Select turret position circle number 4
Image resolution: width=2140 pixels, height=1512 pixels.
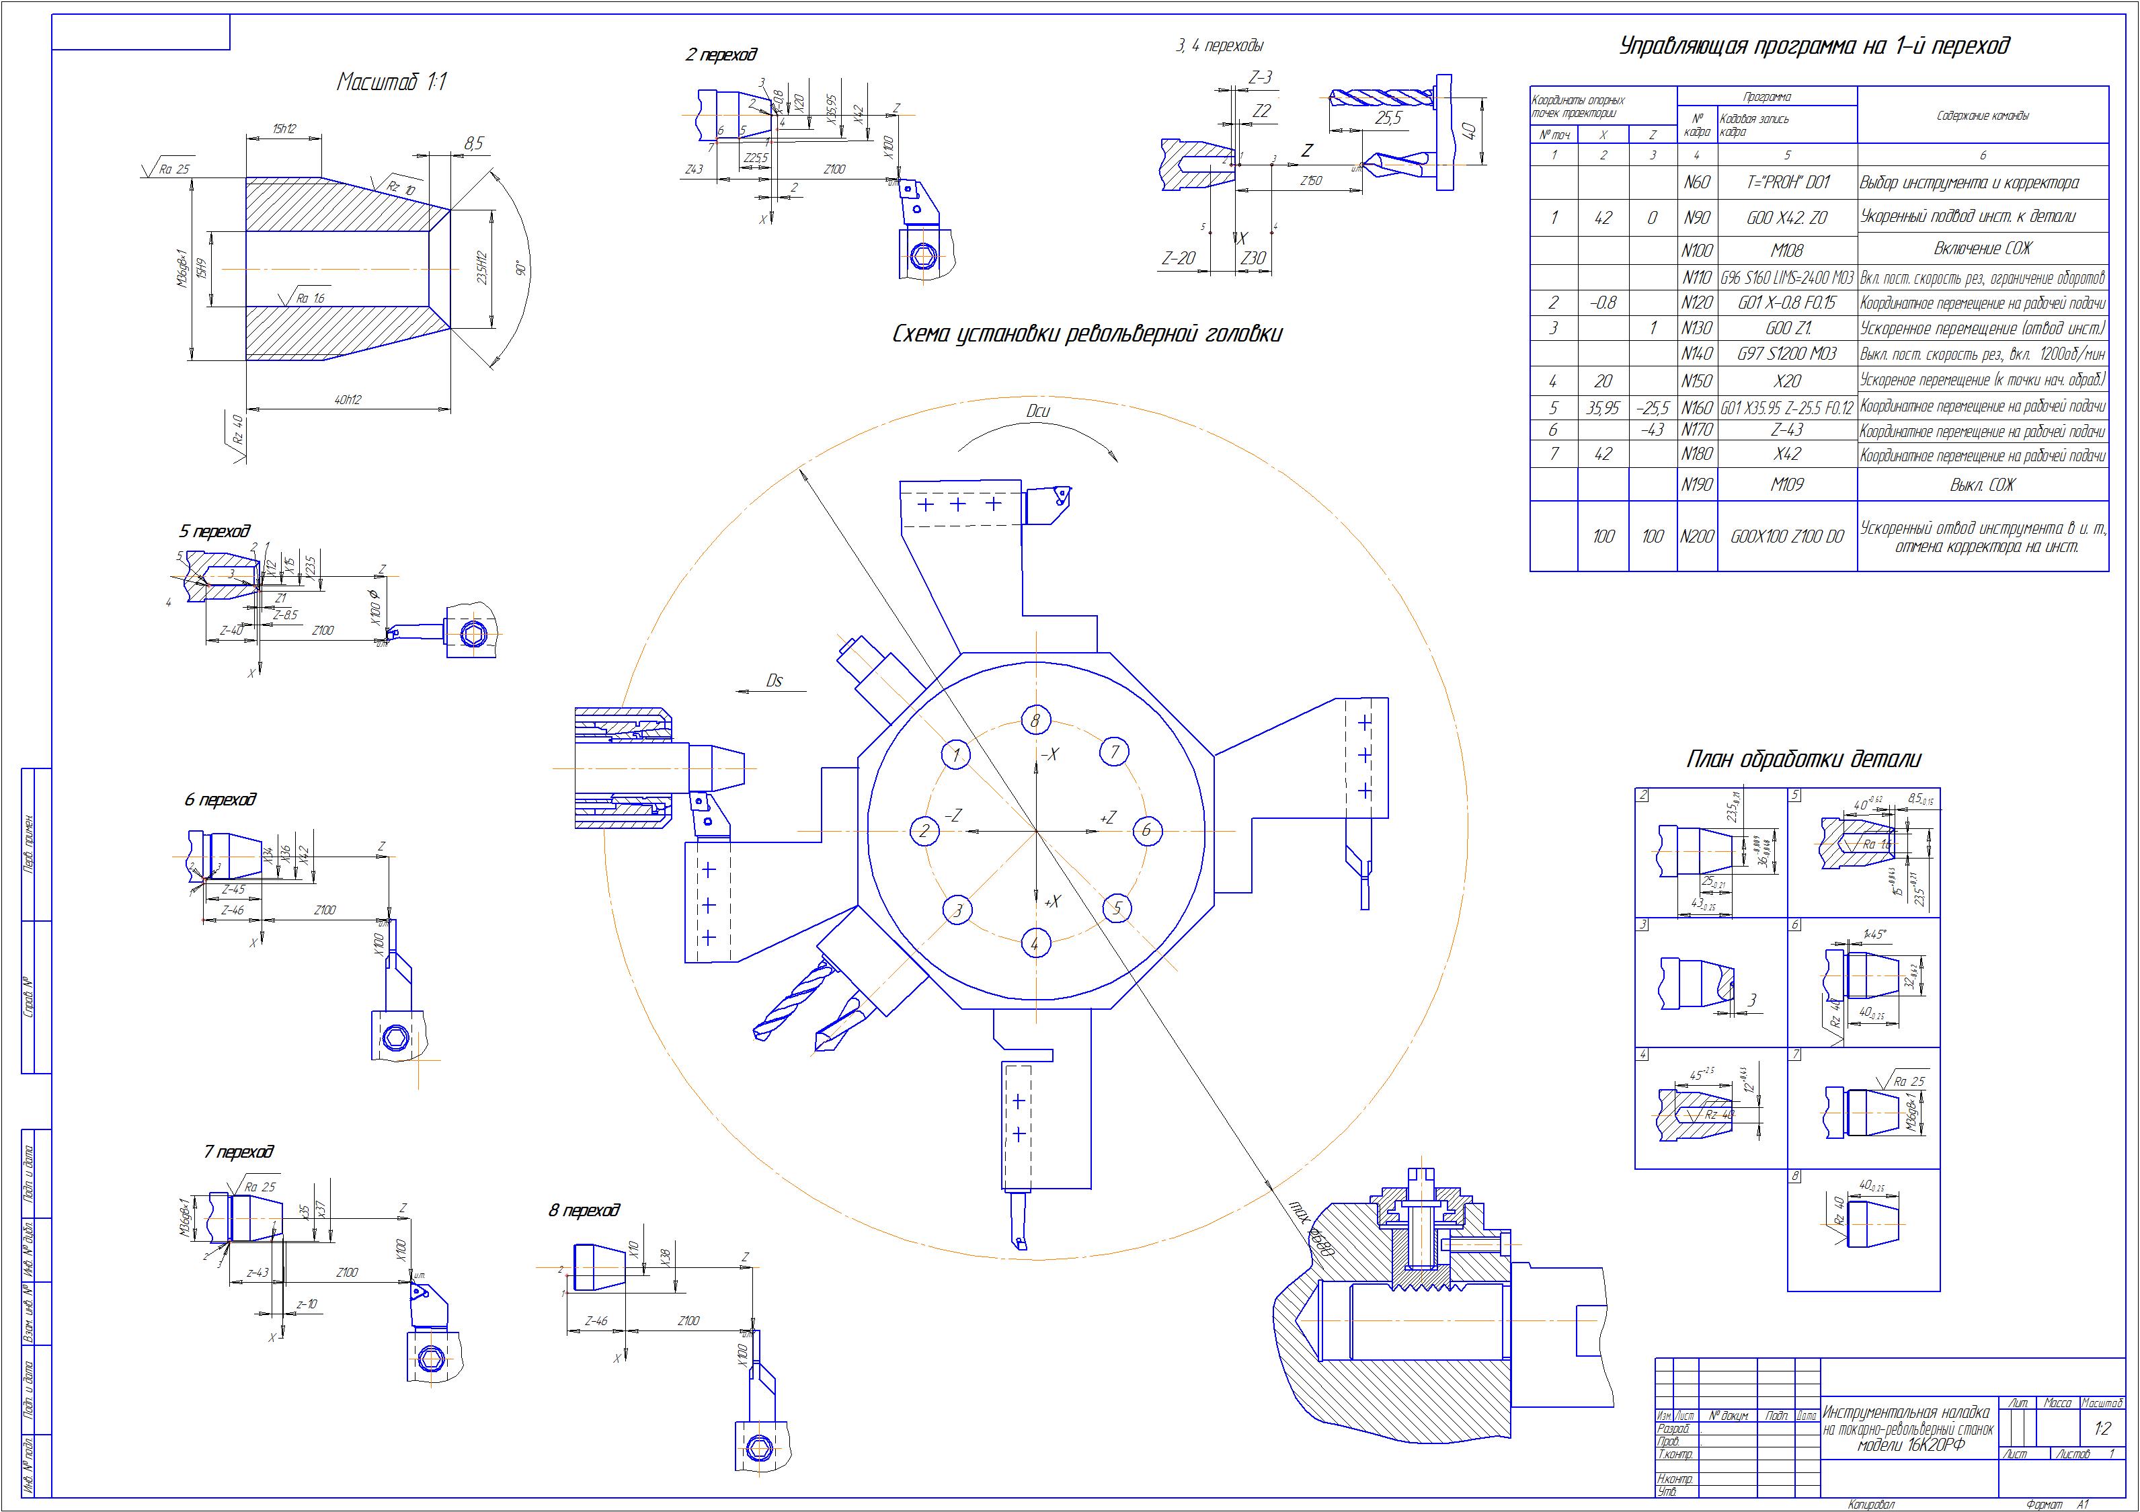pyautogui.click(x=1035, y=943)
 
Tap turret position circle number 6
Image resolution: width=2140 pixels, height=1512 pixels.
pyautogui.click(x=1146, y=830)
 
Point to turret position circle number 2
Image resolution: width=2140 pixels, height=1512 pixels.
pyautogui.click(x=924, y=830)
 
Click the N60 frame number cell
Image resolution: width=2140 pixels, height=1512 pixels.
pyautogui.click(x=1696, y=183)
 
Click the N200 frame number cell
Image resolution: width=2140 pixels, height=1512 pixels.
pyautogui.click(x=1696, y=537)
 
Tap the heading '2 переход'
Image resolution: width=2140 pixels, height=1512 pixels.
pyautogui.click(x=721, y=55)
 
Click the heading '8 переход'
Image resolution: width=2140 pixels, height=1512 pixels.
pyautogui.click(x=584, y=1210)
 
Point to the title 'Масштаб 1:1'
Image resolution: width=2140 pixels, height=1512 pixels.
pyautogui.click(x=391, y=82)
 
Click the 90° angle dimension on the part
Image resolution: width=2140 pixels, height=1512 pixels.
pyautogui.click(x=523, y=268)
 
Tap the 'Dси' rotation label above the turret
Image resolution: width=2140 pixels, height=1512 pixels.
pyautogui.click(x=1037, y=410)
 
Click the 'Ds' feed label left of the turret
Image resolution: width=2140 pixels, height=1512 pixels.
pyautogui.click(x=774, y=680)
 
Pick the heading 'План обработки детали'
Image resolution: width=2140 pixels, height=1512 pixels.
pyautogui.click(x=1804, y=760)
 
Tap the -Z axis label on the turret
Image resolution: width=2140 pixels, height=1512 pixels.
pyautogui.click(x=953, y=815)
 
